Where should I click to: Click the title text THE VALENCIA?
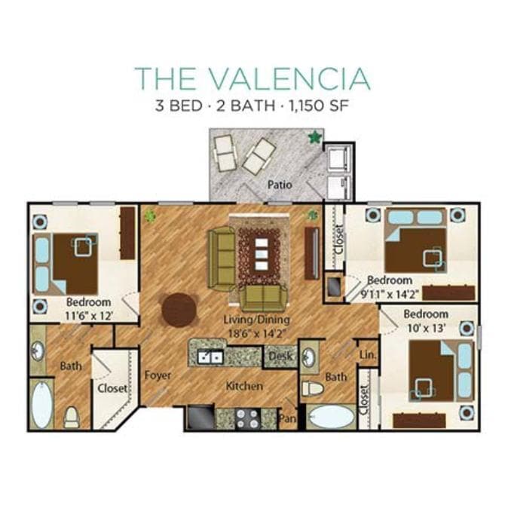pyautogui.click(x=252, y=78)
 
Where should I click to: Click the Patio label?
pyautogui.click(x=279, y=184)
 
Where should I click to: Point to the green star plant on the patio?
pyautogui.click(x=314, y=136)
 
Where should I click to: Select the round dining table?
pyautogui.click(x=179, y=309)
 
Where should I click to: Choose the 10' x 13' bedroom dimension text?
pyautogui.click(x=426, y=328)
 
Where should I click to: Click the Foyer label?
pyautogui.click(x=158, y=375)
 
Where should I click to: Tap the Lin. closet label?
pyautogui.click(x=368, y=353)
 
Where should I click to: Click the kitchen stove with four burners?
pyautogui.click(x=246, y=417)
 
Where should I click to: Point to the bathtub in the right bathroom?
pyautogui.click(x=331, y=417)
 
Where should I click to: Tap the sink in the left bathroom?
pyautogui.click(x=38, y=352)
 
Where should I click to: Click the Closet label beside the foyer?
pyautogui.click(x=112, y=389)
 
